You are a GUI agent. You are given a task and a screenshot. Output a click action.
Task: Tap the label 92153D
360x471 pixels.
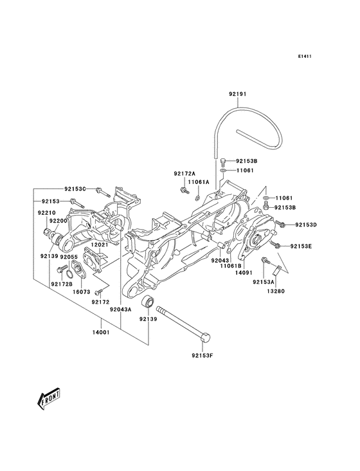click(307, 225)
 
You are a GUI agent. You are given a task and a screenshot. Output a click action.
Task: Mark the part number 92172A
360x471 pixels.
click(184, 174)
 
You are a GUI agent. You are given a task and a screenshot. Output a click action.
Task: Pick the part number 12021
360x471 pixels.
click(98, 245)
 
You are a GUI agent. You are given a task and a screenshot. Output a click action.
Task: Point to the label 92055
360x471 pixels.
click(69, 257)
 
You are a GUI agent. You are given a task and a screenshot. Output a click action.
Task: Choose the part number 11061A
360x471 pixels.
click(199, 182)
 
